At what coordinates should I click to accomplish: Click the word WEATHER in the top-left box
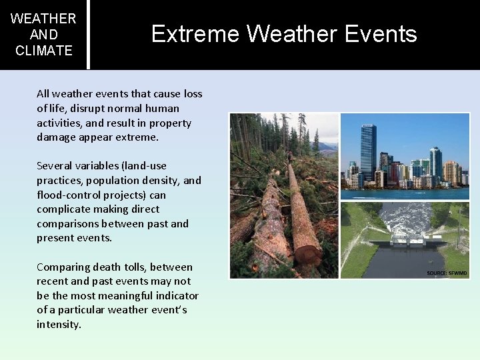pos(43,19)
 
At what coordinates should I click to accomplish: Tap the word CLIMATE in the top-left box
pos(43,51)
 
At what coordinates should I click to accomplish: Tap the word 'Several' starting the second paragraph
pos(55,165)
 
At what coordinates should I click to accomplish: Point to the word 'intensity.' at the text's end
pos(59,325)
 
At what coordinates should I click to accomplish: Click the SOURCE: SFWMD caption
pos(447,273)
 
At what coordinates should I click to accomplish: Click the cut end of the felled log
pos(307,255)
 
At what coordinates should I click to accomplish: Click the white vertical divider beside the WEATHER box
pos(88,34)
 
